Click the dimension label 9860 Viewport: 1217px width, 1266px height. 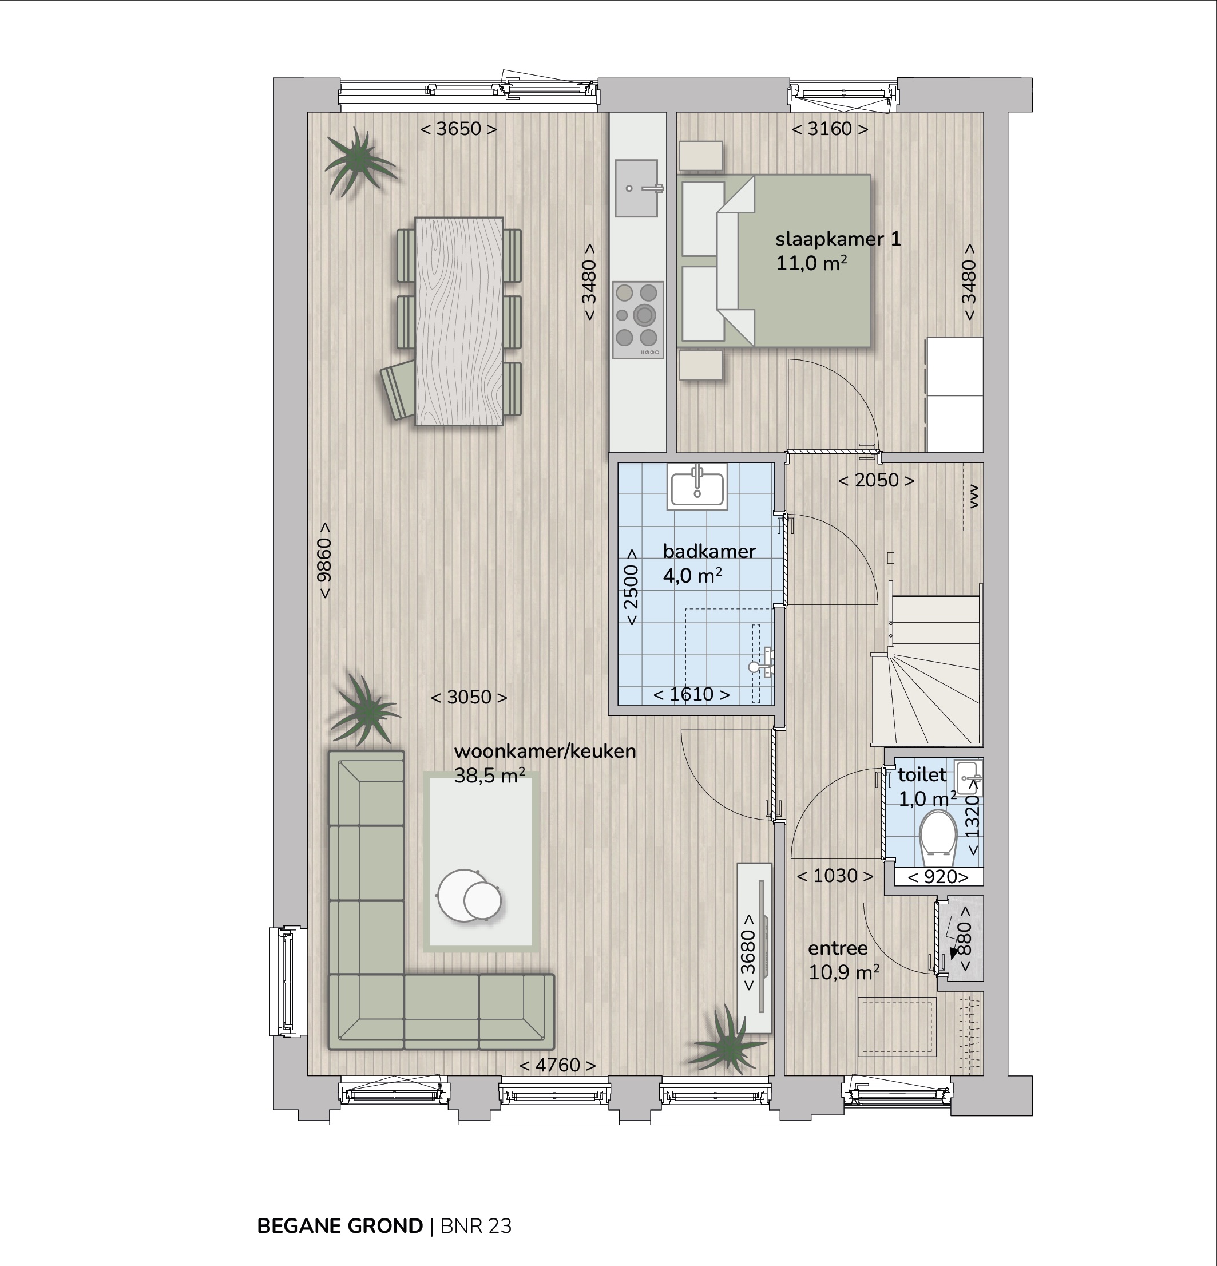point(324,560)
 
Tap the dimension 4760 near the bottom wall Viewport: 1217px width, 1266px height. point(557,1065)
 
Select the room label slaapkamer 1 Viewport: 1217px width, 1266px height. point(838,239)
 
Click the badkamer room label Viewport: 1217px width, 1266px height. point(709,551)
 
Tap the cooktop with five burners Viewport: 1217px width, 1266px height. point(637,320)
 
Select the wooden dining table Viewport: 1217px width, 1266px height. point(459,321)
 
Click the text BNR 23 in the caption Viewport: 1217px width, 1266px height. point(476,1226)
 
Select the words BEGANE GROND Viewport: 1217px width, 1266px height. point(340,1226)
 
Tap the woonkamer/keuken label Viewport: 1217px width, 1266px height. point(545,751)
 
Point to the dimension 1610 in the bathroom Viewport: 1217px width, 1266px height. point(691,694)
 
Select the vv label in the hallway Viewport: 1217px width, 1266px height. point(974,496)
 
